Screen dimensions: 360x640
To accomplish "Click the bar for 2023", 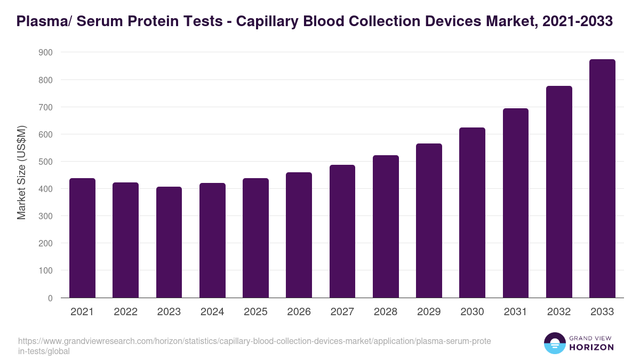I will click(169, 243).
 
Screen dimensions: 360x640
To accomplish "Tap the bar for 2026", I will click(299, 235).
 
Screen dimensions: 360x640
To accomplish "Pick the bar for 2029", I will click(429, 221).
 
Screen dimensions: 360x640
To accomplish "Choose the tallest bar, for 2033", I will click(602, 179).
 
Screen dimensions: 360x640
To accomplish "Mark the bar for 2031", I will click(516, 203).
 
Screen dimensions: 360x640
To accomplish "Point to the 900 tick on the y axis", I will click(45, 52).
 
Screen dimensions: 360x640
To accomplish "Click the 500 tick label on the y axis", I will click(45, 162).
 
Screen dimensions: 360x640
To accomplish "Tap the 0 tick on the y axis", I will click(50, 298).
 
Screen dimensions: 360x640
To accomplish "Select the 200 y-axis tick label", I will click(45, 243).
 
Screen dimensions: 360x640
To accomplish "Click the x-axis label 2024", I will click(212, 312).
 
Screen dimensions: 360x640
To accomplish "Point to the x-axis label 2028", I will click(386, 312).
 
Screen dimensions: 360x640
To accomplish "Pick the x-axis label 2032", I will click(559, 312).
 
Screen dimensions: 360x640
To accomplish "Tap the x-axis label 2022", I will click(126, 312).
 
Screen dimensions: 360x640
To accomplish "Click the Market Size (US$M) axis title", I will click(21, 172).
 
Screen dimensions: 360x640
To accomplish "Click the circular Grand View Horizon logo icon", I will click(555, 343).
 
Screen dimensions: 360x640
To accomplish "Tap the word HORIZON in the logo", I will click(592, 347).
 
